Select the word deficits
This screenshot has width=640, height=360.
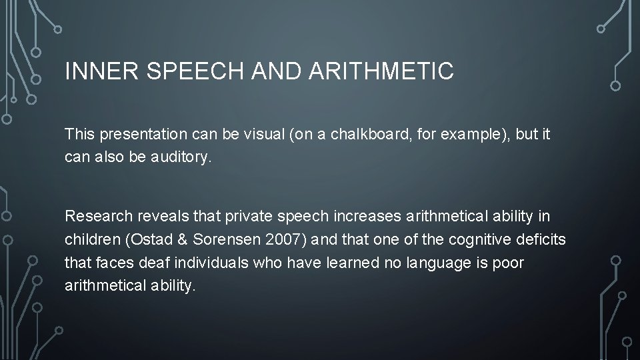point(540,240)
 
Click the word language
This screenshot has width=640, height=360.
point(429,263)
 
